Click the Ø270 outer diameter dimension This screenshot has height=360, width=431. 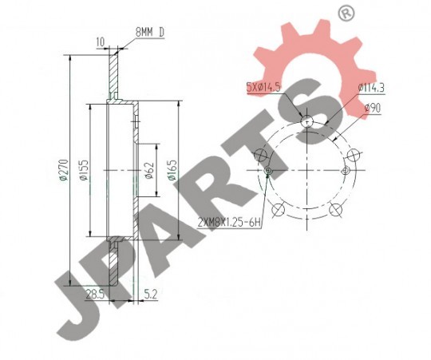click(x=64, y=169)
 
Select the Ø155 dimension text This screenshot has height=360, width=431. click(x=84, y=170)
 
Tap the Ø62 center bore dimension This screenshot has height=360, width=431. click(x=149, y=171)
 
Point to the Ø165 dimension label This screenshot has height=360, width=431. click(x=172, y=170)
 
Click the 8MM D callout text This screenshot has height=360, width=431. click(x=150, y=33)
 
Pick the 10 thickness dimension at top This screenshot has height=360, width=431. click(x=101, y=42)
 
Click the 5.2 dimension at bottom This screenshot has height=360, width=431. click(x=150, y=295)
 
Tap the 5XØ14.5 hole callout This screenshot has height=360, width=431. click(x=263, y=87)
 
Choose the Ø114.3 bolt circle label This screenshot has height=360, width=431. click(x=371, y=88)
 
